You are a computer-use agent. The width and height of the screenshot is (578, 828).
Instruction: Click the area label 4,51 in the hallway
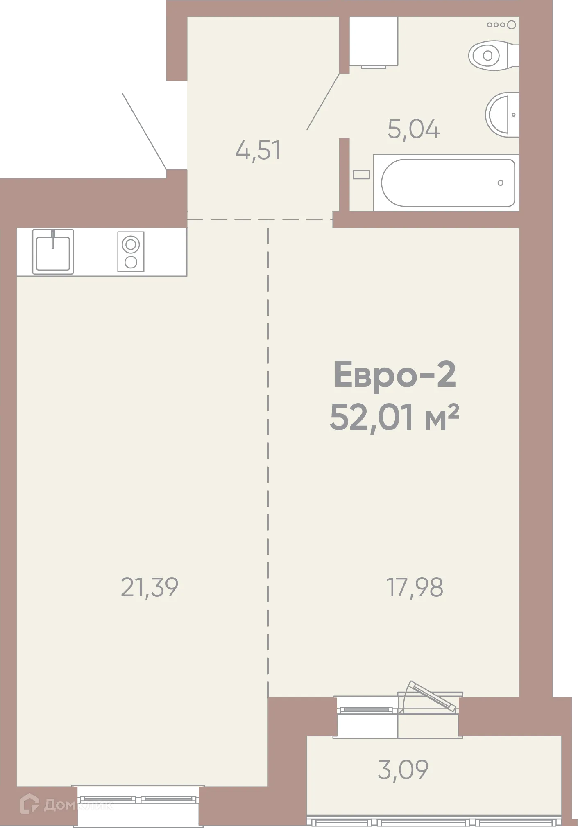point(258,150)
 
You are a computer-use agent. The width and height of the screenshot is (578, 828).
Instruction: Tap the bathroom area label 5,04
point(413,129)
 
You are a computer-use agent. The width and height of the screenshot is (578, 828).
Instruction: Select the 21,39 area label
point(150,587)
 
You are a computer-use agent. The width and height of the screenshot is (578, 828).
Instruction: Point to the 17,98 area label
point(415,587)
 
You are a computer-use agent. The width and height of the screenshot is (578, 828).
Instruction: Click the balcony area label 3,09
point(403,769)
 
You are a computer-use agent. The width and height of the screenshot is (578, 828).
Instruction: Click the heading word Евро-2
point(395,375)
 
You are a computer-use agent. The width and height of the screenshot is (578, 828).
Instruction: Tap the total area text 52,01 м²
point(394,418)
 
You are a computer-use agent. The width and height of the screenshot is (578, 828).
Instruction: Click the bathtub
point(447,183)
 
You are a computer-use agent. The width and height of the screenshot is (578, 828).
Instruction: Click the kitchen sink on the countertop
point(53,251)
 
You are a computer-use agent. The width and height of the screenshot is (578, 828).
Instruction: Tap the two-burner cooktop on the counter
point(131,251)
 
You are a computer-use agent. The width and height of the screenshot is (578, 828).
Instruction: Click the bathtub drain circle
point(500,183)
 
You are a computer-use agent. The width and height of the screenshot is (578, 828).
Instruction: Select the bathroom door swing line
point(323,102)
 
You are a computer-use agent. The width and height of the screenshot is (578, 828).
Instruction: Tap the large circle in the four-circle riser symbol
point(511,25)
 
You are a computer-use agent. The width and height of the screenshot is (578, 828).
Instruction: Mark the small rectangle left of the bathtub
point(361,175)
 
